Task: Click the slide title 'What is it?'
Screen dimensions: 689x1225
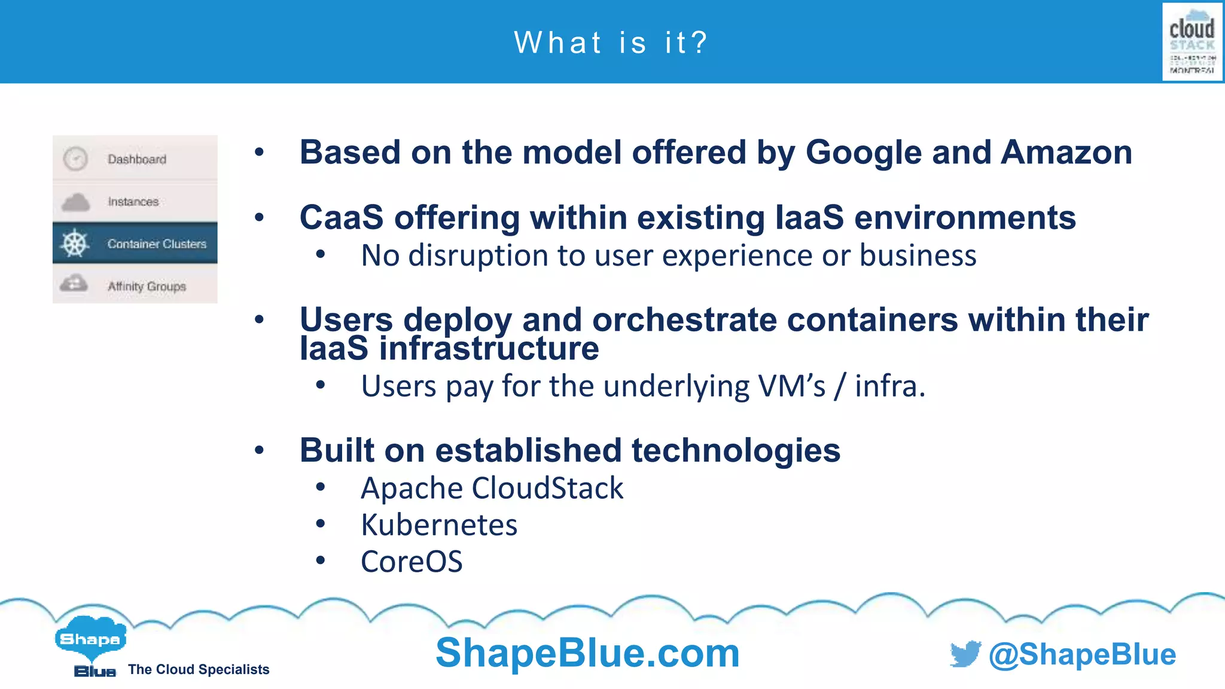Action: click(611, 43)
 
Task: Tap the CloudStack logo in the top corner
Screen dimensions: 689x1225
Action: click(1192, 42)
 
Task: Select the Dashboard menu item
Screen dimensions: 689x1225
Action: click(136, 159)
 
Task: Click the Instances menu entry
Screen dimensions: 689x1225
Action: click(133, 202)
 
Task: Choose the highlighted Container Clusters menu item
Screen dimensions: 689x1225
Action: click(157, 243)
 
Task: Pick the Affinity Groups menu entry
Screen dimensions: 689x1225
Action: click(147, 286)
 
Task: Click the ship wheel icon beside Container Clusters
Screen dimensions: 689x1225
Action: click(75, 243)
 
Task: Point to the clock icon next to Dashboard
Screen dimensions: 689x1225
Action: click(76, 159)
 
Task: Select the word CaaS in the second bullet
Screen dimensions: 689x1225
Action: click(341, 217)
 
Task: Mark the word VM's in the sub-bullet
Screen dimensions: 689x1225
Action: click(792, 386)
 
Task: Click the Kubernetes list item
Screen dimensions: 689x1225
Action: click(439, 525)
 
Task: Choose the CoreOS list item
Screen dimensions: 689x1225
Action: click(412, 562)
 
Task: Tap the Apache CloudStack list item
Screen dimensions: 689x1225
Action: click(492, 488)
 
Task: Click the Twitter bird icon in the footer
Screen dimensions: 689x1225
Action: click(965, 654)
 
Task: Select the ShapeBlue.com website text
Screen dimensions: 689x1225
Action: click(587, 653)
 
